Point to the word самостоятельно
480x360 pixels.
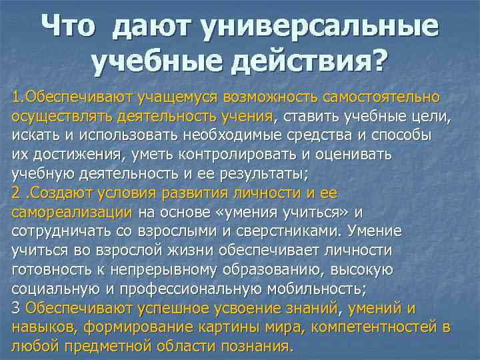[x=381, y=97]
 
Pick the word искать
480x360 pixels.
[x=32, y=135]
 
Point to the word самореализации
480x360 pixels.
[x=72, y=213]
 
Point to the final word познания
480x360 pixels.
[x=255, y=347]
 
